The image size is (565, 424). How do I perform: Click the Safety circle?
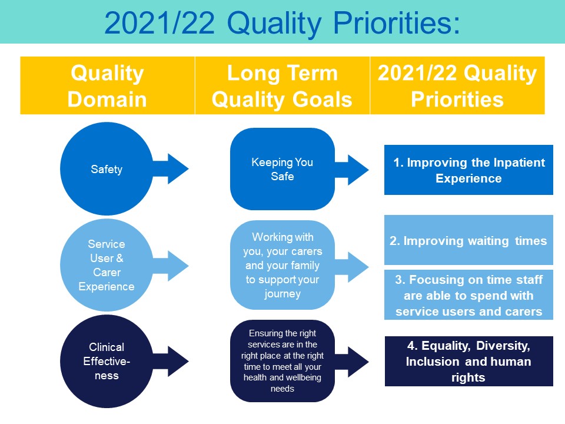pyautogui.click(x=107, y=169)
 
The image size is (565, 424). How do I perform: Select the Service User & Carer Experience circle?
pyautogui.click(x=107, y=265)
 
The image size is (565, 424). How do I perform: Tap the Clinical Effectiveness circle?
pyautogui.click(x=107, y=361)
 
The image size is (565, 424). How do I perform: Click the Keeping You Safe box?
pyautogui.click(x=282, y=169)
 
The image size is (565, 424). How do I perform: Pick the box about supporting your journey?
pyautogui.click(x=282, y=265)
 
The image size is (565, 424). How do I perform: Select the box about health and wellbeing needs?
pyautogui.click(x=282, y=361)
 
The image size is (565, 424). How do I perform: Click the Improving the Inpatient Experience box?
pyautogui.click(x=468, y=170)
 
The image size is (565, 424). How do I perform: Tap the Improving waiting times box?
pyautogui.click(x=468, y=240)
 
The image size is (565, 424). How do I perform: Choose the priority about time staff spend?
pyautogui.click(x=468, y=295)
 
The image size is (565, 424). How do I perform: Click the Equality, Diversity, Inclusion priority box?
pyautogui.click(x=468, y=361)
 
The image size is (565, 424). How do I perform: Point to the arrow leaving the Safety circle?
pyautogui.click(x=171, y=169)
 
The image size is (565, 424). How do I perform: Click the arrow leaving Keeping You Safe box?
pyautogui.click(x=352, y=170)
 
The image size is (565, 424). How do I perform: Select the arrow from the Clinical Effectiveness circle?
pyautogui.click(x=171, y=361)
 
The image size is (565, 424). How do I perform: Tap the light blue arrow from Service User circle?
pyautogui.click(x=171, y=266)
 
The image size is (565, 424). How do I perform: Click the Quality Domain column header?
pyautogui.click(x=107, y=85)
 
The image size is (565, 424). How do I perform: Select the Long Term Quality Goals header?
pyautogui.click(x=282, y=85)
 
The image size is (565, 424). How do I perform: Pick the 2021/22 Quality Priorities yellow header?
pyautogui.click(x=457, y=85)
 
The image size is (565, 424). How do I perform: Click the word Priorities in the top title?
pyautogui.click(x=397, y=23)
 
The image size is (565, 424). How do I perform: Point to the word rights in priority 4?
pyautogui.click(x=468, y=378)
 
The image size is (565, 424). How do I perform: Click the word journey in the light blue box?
pyautogui.click(x=282, y=294)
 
